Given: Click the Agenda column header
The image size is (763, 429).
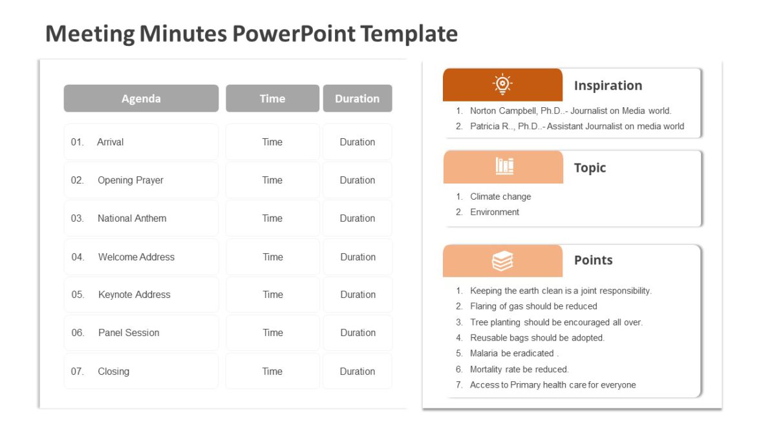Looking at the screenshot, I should [x=141, y=99].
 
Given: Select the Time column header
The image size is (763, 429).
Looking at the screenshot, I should [x=272, y=99].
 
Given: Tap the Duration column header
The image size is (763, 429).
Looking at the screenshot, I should [x=357, y=99].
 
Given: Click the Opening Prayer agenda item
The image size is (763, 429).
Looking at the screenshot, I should [x=130, y=180].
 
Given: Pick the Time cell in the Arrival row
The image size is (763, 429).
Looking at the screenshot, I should [x=272, y=142].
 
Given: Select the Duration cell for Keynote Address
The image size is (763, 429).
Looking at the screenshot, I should [x=358, y=295].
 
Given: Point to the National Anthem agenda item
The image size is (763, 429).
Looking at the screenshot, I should [x=131, y=218].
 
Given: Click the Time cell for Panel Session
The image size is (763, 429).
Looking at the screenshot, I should [x=272, y=333].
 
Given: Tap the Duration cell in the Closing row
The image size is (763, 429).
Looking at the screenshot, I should [x=358, y=371].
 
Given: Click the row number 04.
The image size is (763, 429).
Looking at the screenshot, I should [x=78, y=257].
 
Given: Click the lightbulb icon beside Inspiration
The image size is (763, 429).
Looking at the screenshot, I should [x=502, y=85].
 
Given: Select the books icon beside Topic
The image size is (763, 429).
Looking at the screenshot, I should [x=504, y=167].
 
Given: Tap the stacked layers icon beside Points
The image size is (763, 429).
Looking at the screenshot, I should [x=502, y=261].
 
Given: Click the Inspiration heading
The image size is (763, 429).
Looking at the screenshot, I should [x=608, y=85].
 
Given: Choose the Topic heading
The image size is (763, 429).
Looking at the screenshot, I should [x=590, y=168].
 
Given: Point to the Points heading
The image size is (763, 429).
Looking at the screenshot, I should [x=593, y=260].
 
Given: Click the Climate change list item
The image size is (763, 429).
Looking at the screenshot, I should [x=500, y=196].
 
